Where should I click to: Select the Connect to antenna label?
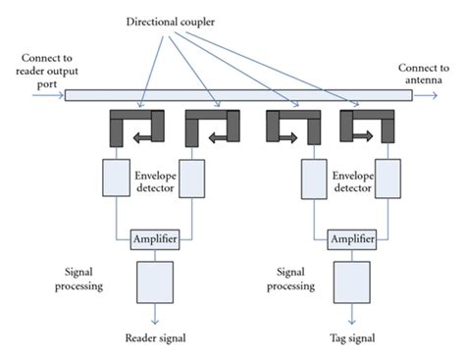point(424,73)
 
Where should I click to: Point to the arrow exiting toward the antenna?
point(427,95)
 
